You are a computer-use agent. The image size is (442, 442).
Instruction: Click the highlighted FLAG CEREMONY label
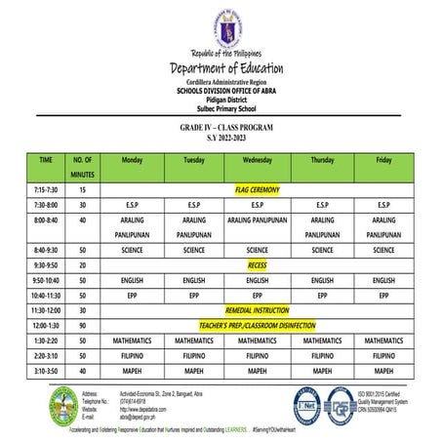click(x=257, y=188)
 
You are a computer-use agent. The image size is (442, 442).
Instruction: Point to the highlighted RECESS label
click(x=257, y=264)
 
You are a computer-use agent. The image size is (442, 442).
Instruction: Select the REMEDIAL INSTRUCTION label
click(x=257, y=309)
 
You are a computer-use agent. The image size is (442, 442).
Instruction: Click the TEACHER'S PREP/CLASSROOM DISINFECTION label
click(x=257, y=325)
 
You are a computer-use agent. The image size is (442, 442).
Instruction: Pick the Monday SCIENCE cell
click(x=132, y=250)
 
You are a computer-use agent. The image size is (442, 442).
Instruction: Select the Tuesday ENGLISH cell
click(x=194, y=280)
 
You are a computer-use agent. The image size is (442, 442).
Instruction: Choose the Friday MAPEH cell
click(x=383, y=371)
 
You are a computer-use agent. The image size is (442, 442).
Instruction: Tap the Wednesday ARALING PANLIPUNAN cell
click(x=257, y=221)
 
